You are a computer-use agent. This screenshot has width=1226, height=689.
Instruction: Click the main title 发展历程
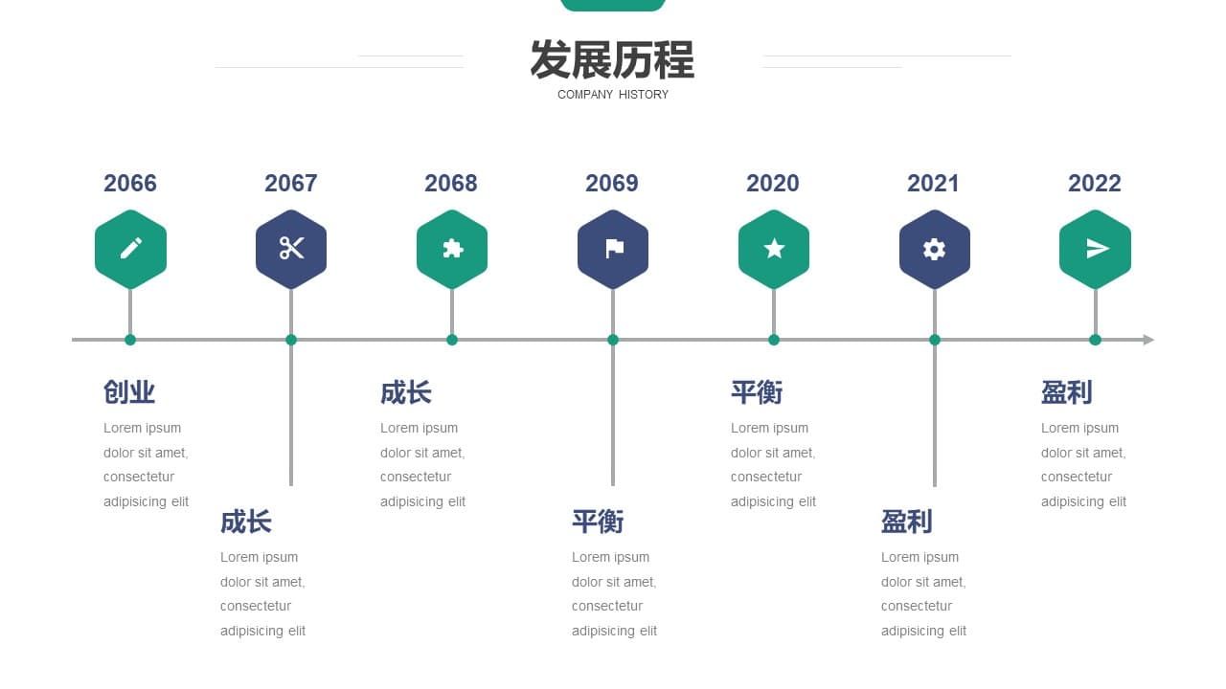(x=612, y=59)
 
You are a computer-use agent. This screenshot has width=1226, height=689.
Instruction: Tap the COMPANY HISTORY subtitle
(x=613, y=95)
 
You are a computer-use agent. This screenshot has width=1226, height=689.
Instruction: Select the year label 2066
(x=130, y=183)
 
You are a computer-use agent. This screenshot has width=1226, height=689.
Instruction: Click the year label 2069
(x=612, y=183)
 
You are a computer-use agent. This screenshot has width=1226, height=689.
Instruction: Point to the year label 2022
(x=1095, y=183)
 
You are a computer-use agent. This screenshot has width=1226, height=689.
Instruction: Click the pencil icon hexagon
(x=130, y=249)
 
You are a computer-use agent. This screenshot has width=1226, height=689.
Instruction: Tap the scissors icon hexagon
(x=291, y=249)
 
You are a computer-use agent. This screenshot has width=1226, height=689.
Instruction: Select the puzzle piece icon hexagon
(x=452, y=249)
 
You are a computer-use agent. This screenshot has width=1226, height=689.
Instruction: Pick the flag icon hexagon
(x=613, y=249)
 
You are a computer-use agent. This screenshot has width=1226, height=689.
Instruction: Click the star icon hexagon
(x=774, y=249)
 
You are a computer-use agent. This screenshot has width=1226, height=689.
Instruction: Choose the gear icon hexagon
(x=935, y=249)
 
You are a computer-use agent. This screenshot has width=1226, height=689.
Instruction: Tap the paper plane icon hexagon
(x=1095, y=249)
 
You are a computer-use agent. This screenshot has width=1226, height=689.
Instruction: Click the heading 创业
(x=129, y=392)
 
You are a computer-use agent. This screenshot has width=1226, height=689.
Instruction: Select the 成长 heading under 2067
(x=246, y=522)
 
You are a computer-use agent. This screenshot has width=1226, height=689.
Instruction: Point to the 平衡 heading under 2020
(x=757, y=392)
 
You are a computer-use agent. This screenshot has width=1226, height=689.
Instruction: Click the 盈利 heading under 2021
(x=906, y=522)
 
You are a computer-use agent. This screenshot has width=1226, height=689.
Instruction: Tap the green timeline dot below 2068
(x=452, y=340)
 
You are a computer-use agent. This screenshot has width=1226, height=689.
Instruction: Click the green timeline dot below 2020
(x=774, y=340)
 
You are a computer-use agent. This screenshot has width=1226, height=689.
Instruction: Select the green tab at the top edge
(x=613, y=5)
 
